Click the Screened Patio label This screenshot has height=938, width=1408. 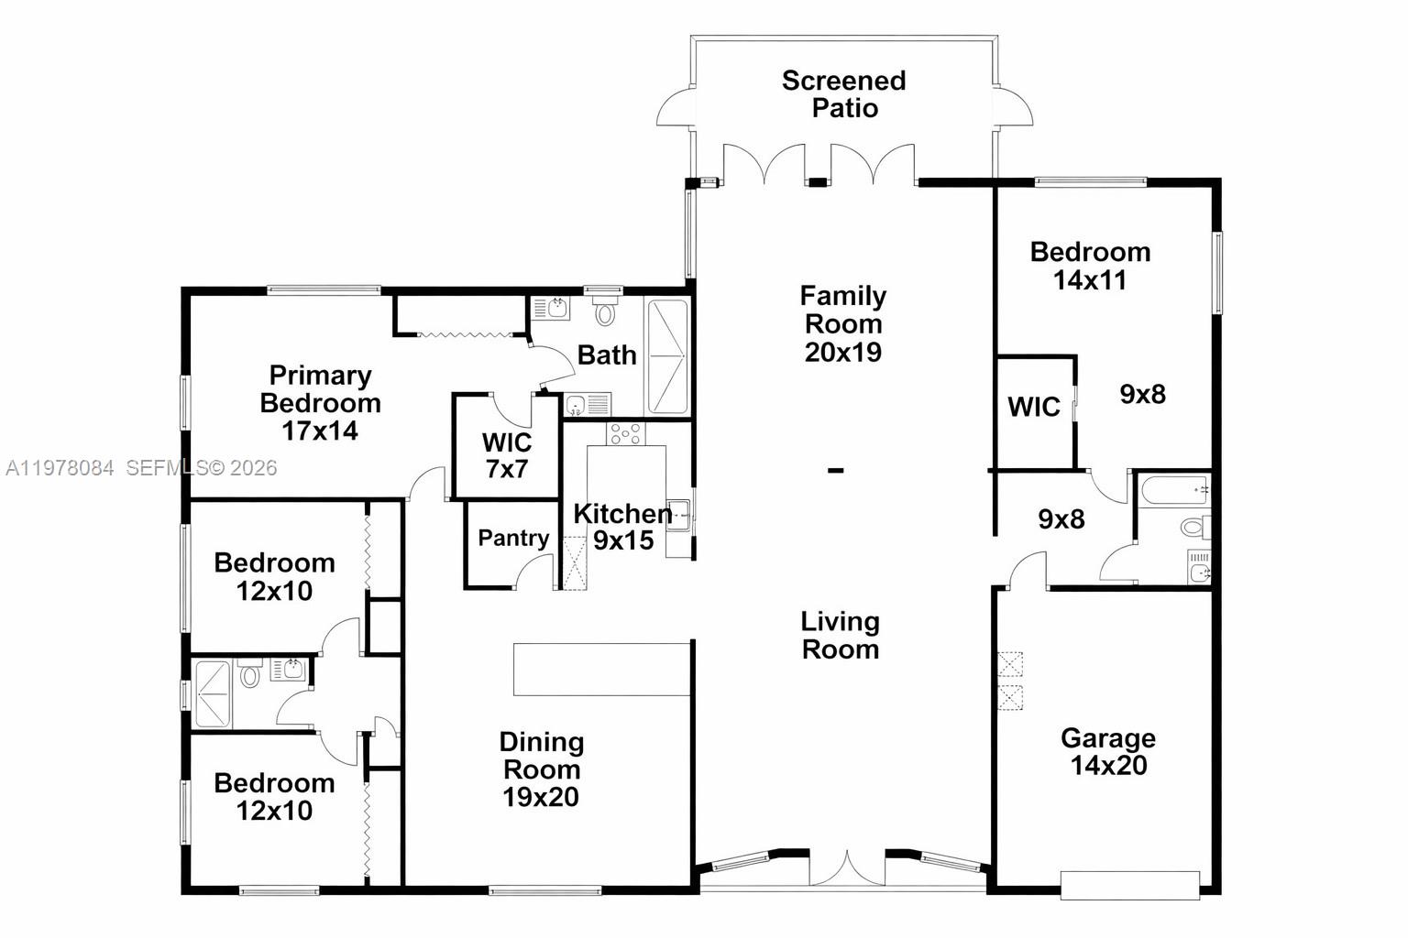coord(843,93)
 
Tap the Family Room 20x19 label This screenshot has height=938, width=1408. coord(842,323)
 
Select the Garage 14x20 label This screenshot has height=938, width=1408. coord(1108,751)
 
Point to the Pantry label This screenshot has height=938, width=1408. coord(513,538)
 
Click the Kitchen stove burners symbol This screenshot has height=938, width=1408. coord(625,433)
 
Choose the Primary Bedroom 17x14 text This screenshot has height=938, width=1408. coord(320,403)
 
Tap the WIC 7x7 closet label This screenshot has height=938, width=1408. coord(507,455)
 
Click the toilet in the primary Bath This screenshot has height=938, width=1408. coord(605,314)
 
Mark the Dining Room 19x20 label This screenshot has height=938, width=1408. coord(541,769)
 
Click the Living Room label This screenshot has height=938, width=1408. coord(840,635)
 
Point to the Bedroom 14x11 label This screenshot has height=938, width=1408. coord(1090,266)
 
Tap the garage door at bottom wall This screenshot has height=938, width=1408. coord(1129,885)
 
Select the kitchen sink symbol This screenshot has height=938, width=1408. coord(678,515)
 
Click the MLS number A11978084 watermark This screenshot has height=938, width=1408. coord(60,468)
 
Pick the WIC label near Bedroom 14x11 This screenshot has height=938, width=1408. coord(1034,407)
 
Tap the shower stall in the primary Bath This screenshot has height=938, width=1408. coord(667,355)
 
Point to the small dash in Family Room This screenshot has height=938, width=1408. coord(836,471)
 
